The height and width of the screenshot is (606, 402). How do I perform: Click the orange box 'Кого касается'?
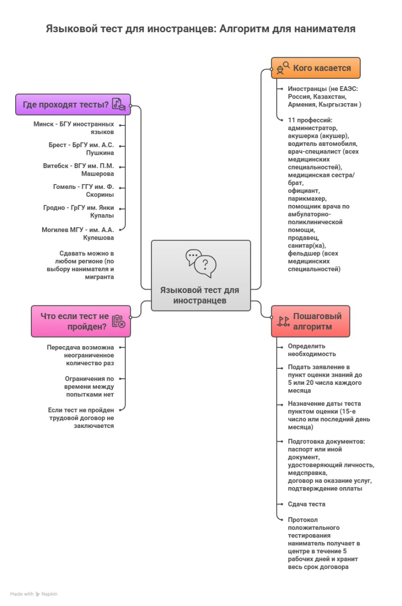[316, 68]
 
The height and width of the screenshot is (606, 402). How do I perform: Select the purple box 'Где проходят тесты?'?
[73, 105]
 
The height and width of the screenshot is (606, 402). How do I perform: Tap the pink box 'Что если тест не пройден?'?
[80, 321]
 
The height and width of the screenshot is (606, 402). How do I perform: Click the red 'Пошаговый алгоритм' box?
[311, 321]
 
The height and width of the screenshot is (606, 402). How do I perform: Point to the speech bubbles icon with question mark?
[201, 263]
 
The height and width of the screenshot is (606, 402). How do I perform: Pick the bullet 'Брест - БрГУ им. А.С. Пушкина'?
[81, 149]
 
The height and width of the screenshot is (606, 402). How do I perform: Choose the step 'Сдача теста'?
[306, 504]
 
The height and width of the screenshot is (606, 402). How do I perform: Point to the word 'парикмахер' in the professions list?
[306, 199]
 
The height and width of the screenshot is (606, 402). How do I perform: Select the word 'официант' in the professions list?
[303, 191]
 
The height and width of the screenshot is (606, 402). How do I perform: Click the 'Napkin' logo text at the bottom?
[49, 594]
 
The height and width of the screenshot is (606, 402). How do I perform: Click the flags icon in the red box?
[283, 321]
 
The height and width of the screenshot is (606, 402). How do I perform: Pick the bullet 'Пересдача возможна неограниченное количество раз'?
[80, 355]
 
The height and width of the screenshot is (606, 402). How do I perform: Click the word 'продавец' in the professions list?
[304, 237]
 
